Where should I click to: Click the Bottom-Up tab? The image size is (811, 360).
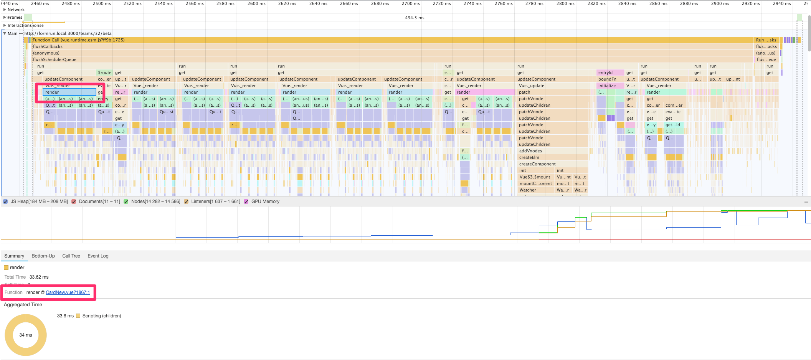(x=43, y=256)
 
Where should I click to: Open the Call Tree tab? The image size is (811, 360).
(x=71, y=256)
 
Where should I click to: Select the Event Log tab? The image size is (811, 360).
(x=98, y=256)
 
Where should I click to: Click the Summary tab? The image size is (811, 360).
(x=14, y=256)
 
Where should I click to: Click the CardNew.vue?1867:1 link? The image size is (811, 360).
(x=68, y=292)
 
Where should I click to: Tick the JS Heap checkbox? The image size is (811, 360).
(x=5, y=201)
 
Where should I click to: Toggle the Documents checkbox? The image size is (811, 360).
(x=74, y=201)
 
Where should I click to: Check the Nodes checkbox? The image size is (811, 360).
(x=126, y=201)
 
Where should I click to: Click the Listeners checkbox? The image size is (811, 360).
(x=186, y=201)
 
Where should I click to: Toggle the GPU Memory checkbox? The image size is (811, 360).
(x=246, y=201)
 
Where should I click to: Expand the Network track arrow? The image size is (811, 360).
(x=5, y=10)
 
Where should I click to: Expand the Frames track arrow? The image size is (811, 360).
(x=5, y=17)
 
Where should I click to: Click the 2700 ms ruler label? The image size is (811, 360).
(x=410, y=3)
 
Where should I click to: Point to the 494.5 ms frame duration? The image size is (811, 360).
(x=415, y=18)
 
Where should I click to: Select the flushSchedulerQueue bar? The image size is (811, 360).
(x=55, y=59)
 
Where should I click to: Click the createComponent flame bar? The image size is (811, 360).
(x=537, y=164)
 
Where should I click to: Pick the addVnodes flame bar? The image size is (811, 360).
(x=530, y=151)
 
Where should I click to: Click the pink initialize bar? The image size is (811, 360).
(x=607, y=86)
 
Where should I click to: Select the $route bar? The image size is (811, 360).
(x=104, y=73)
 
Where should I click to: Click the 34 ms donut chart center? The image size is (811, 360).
(x=26, y=335)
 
